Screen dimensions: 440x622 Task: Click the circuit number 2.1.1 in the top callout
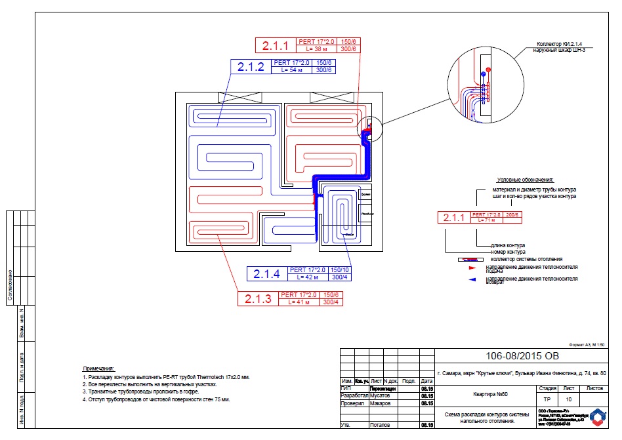276,46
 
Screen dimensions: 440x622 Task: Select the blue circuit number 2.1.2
251,67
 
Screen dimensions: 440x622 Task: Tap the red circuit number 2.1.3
258,299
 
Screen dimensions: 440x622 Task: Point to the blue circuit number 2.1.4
266,273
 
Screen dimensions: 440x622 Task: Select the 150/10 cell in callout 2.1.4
341,270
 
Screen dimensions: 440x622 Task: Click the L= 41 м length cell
298,302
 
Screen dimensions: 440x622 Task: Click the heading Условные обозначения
526,180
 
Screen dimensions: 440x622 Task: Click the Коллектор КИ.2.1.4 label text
555,43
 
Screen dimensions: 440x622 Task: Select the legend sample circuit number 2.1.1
453,218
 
